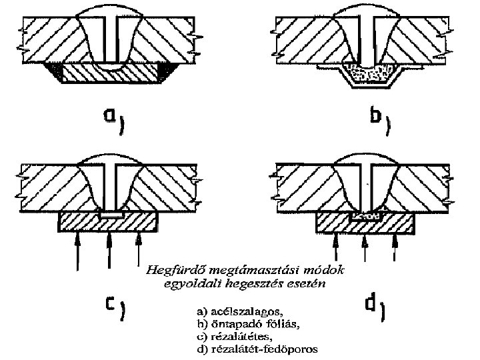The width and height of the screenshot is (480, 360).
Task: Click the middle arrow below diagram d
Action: [364, 250]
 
